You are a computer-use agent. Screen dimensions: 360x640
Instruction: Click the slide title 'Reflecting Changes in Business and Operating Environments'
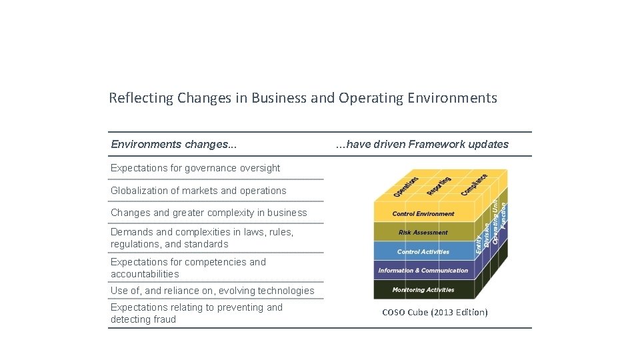coord(303,98)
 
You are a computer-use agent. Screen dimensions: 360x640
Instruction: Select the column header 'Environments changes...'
coord(173,144)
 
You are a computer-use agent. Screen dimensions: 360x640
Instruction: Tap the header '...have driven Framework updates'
coord(421,144)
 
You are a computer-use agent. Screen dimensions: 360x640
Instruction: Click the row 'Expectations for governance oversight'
coord(195,168)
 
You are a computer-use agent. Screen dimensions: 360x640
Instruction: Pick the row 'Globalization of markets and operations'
coord(198,191)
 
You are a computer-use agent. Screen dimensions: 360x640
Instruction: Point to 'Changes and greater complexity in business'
coord(209,213)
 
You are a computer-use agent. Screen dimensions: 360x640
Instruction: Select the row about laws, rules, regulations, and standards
coord(202,238)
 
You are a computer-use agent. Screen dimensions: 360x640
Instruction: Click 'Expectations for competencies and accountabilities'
coord(188,268)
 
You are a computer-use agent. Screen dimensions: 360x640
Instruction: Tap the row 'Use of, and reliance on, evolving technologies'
coord(212,291)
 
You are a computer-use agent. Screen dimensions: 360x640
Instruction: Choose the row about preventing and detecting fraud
coord(197,313)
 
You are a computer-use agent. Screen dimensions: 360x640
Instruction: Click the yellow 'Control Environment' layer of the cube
coord(423,214)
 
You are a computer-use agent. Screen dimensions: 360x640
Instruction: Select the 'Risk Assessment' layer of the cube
coord(423,233)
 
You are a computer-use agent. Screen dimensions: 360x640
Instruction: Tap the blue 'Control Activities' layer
coord(423,252)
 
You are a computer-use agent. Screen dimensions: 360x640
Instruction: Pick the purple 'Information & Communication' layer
coord(423,271)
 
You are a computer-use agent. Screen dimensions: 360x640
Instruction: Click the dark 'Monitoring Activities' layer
coord(423,290)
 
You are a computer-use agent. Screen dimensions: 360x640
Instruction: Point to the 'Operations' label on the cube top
coord(406,186)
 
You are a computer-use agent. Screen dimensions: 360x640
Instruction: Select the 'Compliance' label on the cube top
coord(474,185)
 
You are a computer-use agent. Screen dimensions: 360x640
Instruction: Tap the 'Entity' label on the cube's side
coord(479,241)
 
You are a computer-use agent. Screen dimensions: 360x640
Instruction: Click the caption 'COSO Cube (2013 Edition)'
coord(435,313)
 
